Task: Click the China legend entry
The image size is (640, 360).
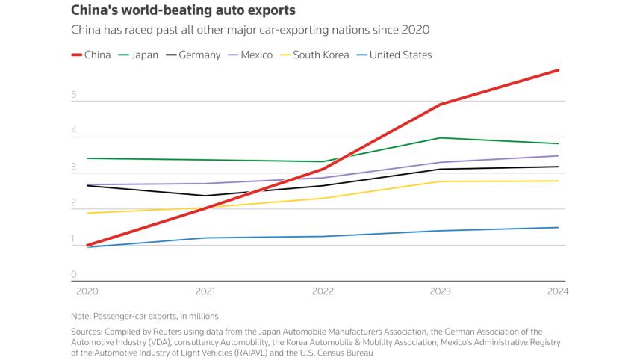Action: click(91, 55)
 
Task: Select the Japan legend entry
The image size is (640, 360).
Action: click(138, 55)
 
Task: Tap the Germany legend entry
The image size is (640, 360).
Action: click(193, 55)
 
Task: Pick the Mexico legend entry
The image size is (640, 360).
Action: click(250, 55)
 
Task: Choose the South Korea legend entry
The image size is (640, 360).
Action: click(314, 55)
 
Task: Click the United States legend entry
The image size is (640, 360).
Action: click(394, 55)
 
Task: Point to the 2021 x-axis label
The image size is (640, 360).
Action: click(205, 291)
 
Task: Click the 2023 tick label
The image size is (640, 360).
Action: click(440, 291)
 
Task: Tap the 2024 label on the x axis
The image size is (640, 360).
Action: click(558, 291)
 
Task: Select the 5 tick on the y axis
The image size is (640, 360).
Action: click(74, 95)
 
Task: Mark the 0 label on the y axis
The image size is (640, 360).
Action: click(74, 275)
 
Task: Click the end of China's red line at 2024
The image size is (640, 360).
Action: click(558, 71)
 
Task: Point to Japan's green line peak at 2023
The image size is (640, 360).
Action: click(441, 138)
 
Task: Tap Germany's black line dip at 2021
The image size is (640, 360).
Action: click(205, 196)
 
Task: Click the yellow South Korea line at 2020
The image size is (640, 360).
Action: click(88, 213)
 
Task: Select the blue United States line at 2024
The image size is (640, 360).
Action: click(558, 227)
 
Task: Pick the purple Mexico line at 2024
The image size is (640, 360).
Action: click(558, 156)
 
